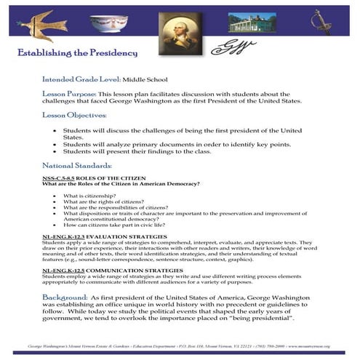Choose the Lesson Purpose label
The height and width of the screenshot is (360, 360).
68,94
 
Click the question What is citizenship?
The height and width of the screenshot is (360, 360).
91,196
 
